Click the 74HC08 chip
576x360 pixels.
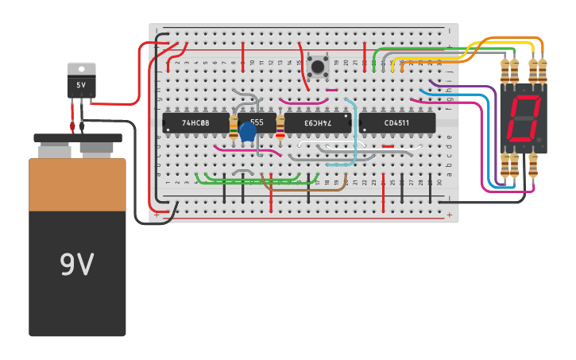pos(195,122)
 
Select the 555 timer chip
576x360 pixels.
pos(257,122)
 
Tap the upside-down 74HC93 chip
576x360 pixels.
pos(317,122)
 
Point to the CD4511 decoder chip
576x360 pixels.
pos(396,122)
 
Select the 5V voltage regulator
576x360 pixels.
pos(81,85)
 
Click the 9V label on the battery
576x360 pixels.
pos(77,265)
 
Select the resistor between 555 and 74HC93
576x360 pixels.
pos(280,127)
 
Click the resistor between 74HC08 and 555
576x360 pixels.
pos(233,126)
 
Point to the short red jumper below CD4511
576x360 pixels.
pos(387,146)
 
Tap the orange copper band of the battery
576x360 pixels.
pos(77,184)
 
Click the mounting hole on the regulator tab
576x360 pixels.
pos(81,68)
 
